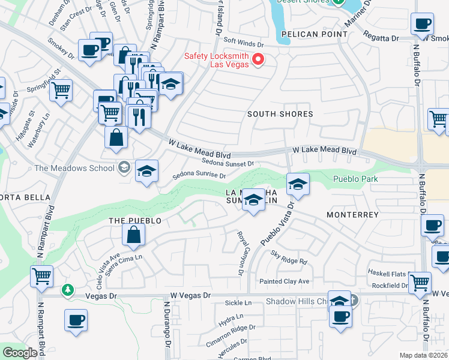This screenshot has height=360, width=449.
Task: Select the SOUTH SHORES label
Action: click(x=281, y=114)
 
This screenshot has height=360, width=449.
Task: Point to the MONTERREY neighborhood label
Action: click(x=352, y=214)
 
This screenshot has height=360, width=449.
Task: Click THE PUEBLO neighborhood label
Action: click(x=135, y=221)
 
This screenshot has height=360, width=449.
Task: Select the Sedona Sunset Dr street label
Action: click(x=228, y=163)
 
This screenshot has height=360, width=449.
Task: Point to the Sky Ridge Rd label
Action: click(x=289, y=257)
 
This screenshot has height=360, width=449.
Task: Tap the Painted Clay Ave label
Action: click(x=284, y=281)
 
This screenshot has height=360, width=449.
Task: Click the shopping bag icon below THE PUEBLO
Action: click(x=133, y=235)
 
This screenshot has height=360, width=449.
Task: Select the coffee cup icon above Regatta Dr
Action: click(x=422, y=24)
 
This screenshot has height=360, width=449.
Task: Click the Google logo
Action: click(x=20, y=353)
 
